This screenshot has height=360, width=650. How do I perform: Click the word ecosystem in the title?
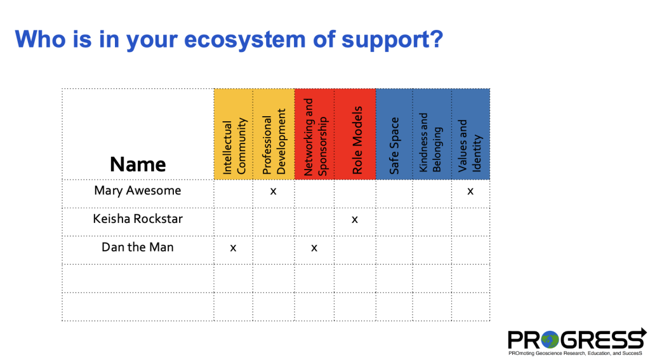(x=244, y=39)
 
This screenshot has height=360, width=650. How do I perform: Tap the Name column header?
(x=138, y=164)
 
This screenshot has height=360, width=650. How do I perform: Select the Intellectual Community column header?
(x=234, y=146)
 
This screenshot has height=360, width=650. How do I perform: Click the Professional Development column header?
(x=274, y=142)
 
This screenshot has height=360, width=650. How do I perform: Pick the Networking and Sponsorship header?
(x=315, y=137)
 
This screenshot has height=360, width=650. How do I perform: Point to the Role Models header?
(x=357, y=140)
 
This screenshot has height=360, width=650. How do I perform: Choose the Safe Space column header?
(x=394, y=145)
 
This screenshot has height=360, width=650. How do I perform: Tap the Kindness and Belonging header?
(x=432, y=143)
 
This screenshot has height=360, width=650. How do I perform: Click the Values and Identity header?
(x=470, y=146)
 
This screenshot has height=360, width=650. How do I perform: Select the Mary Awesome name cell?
(x=138, y=190)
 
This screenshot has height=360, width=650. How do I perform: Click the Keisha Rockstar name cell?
(x=138, y=218)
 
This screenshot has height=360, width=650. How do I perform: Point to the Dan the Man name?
(x=138, y=247)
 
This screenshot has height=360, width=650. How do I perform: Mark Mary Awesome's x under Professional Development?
(x=273, y=191)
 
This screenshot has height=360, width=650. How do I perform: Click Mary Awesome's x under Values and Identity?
(x=470, y=191)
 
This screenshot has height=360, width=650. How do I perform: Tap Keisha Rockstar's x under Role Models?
(x=354, y=220)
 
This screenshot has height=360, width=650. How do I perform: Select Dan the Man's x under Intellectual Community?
(x=233, y=248)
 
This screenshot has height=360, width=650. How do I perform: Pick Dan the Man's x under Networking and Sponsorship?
(x=314, y=248)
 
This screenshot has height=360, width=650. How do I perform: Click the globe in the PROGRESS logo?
(x=550, y=340)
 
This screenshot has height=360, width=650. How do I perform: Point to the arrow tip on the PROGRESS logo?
(x=646, y=333)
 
